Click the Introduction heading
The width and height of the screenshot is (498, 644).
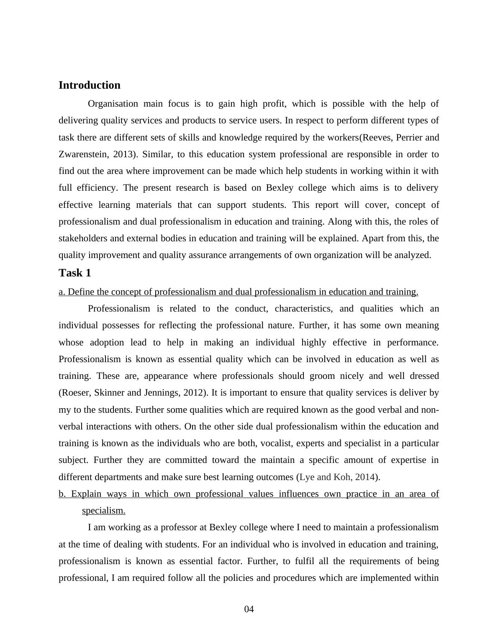(89, 85)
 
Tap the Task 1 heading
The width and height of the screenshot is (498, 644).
(74, 273)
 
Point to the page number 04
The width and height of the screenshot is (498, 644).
(249, 609)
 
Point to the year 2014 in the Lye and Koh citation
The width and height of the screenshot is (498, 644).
(364, 477)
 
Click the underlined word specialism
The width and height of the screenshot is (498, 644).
(103, 511)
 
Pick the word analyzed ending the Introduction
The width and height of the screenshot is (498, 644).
(413, 255)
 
